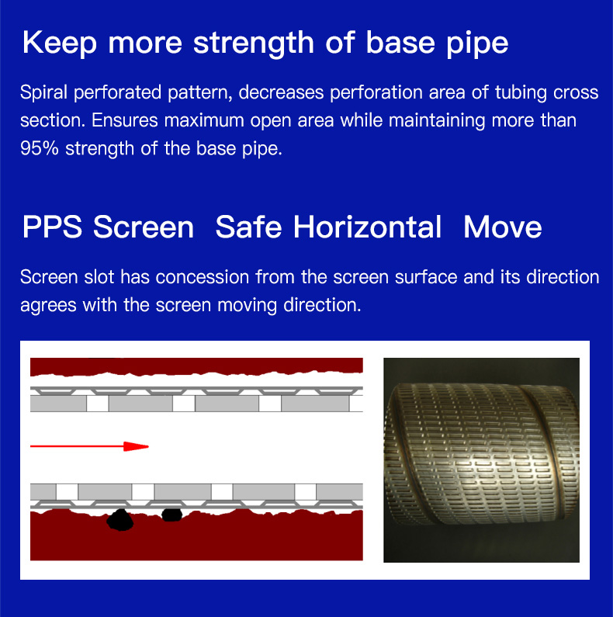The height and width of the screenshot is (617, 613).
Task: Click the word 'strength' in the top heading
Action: tap(254, 44)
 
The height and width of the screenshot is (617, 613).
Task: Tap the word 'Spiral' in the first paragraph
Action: tap(43, 93)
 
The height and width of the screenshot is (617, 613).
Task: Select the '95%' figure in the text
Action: tap(40, 148)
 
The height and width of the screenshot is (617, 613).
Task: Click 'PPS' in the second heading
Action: tap(52, 227)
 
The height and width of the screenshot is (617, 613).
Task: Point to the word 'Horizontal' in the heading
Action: tap(368, 227)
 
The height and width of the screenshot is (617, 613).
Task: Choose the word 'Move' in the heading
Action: tap(503, 227)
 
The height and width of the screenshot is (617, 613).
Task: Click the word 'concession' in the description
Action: tap(203, 277)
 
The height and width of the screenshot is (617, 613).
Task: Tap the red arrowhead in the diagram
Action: tap(136, 446)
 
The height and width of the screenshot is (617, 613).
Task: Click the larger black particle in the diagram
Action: tap(120, 520)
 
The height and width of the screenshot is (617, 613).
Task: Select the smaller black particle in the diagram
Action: tap(172, 515)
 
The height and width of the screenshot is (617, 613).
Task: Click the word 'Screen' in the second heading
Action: tap(144, 227)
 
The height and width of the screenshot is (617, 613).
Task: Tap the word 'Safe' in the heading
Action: tap(248, 227)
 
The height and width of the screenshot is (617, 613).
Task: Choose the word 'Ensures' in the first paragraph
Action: tap(124, 120)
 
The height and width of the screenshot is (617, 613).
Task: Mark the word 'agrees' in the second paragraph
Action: tap(48, 306)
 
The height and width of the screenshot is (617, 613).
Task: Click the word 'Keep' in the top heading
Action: tap(60, 44)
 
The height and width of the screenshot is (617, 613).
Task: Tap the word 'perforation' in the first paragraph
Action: tap(376, 93)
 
